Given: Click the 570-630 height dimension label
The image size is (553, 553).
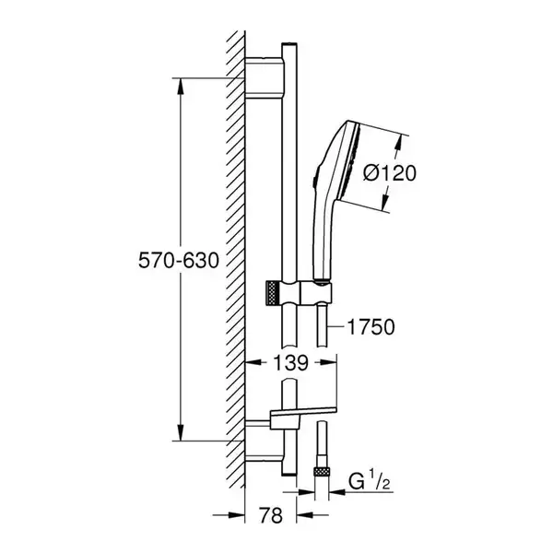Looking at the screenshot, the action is pyautogui.click(x=179, y=261).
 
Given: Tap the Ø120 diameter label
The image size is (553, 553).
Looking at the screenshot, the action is pyautogui.click(x=390, y=173).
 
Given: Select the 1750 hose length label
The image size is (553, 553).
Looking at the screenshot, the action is pyautogui.click(x=371, y=327).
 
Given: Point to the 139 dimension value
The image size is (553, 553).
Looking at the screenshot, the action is pyautogui.click(x=290, y=363).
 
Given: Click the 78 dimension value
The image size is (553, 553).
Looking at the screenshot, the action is pyautogui.click(x=271, y=515).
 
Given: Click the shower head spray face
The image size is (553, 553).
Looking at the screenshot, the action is pyautogui.click(x=349, y=163).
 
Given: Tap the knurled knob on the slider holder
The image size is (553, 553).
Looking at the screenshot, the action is pyautogui.click(x=273, y=293).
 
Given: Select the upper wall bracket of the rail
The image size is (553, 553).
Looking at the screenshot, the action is pyautogui.click(x=264, y=77).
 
